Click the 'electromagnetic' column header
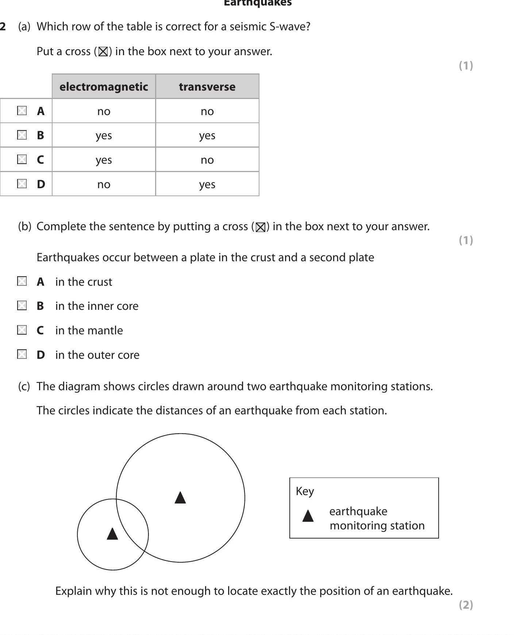pos(104,87)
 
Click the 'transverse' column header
pos(207,87)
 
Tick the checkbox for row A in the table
pos(22,111)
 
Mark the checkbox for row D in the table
pos(22,183)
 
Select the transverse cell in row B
pos(207,136)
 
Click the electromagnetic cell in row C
pos(104,160)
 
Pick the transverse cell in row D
pos(207,184)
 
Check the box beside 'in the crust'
pos(22,281)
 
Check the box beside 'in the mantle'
pos(22,330)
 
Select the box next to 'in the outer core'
pos(22,354)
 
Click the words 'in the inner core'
pos(97,306)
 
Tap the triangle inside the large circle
pos(180,498)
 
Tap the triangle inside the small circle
pos(112,534)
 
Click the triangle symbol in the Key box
pos(308,516)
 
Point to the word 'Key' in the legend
pos(305,491)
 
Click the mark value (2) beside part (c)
pos(466,605)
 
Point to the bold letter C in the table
pos(41,160)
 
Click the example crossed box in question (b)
pos(260,227)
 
